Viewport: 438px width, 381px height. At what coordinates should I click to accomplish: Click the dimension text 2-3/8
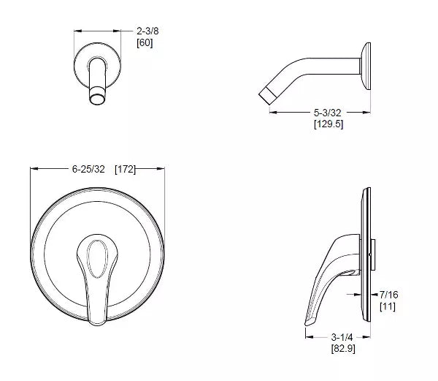point(147,31)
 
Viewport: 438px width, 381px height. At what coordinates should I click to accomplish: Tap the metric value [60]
point(145,43)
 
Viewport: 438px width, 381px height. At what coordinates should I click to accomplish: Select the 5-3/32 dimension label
point(327,113)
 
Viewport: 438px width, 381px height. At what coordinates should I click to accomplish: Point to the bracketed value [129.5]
point(328,124)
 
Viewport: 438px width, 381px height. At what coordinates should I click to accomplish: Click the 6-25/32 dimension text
point(88,169)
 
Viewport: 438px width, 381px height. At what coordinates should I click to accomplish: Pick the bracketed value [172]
point(125,169)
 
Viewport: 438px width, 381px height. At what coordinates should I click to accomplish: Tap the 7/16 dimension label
point(389,295)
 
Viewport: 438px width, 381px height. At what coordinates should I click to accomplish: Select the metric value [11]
point(388,306)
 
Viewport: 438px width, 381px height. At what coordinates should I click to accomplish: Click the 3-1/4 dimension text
point(342,337)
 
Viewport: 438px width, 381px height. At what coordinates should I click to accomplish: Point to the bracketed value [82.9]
point(343,349)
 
